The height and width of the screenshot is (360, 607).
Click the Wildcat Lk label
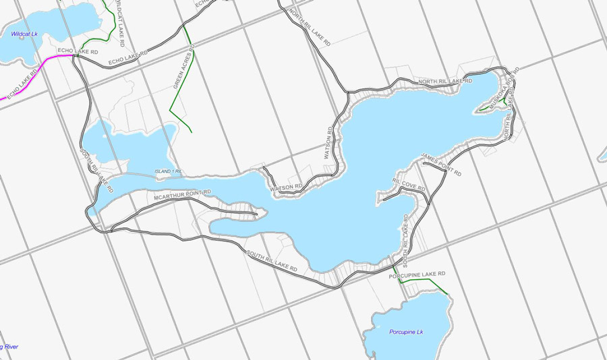click(x=23, y=34)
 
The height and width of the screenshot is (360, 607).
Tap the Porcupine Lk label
click(x=406, y=332)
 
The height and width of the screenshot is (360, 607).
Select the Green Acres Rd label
click(x=183, y=67)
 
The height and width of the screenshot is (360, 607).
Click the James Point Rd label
click(x=440, y=164)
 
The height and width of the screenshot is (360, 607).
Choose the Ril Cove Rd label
click(x=409, y=183)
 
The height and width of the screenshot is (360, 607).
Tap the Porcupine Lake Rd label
click(x=417, y=274)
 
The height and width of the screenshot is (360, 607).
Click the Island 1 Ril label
click(x=169, y=171)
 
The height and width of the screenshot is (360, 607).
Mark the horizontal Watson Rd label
click(x=286, y=187)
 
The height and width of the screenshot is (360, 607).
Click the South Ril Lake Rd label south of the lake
click(x=272, y=262)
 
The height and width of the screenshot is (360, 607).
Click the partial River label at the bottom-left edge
click(x=9, y=347)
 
